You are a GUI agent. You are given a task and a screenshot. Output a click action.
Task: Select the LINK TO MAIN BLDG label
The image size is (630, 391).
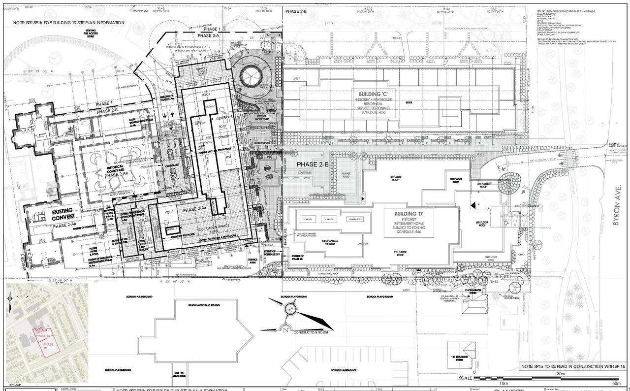(x=179, y=375)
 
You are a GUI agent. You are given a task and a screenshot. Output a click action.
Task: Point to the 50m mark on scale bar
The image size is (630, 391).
(x=616, y=383)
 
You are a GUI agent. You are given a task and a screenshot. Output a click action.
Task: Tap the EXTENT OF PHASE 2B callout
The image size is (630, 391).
(x=298, y=257)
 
